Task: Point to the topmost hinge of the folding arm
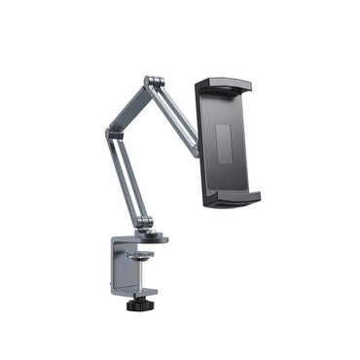click(152, 83)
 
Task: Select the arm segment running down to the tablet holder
click(175, 114)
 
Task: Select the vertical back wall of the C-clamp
click(118, 268)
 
